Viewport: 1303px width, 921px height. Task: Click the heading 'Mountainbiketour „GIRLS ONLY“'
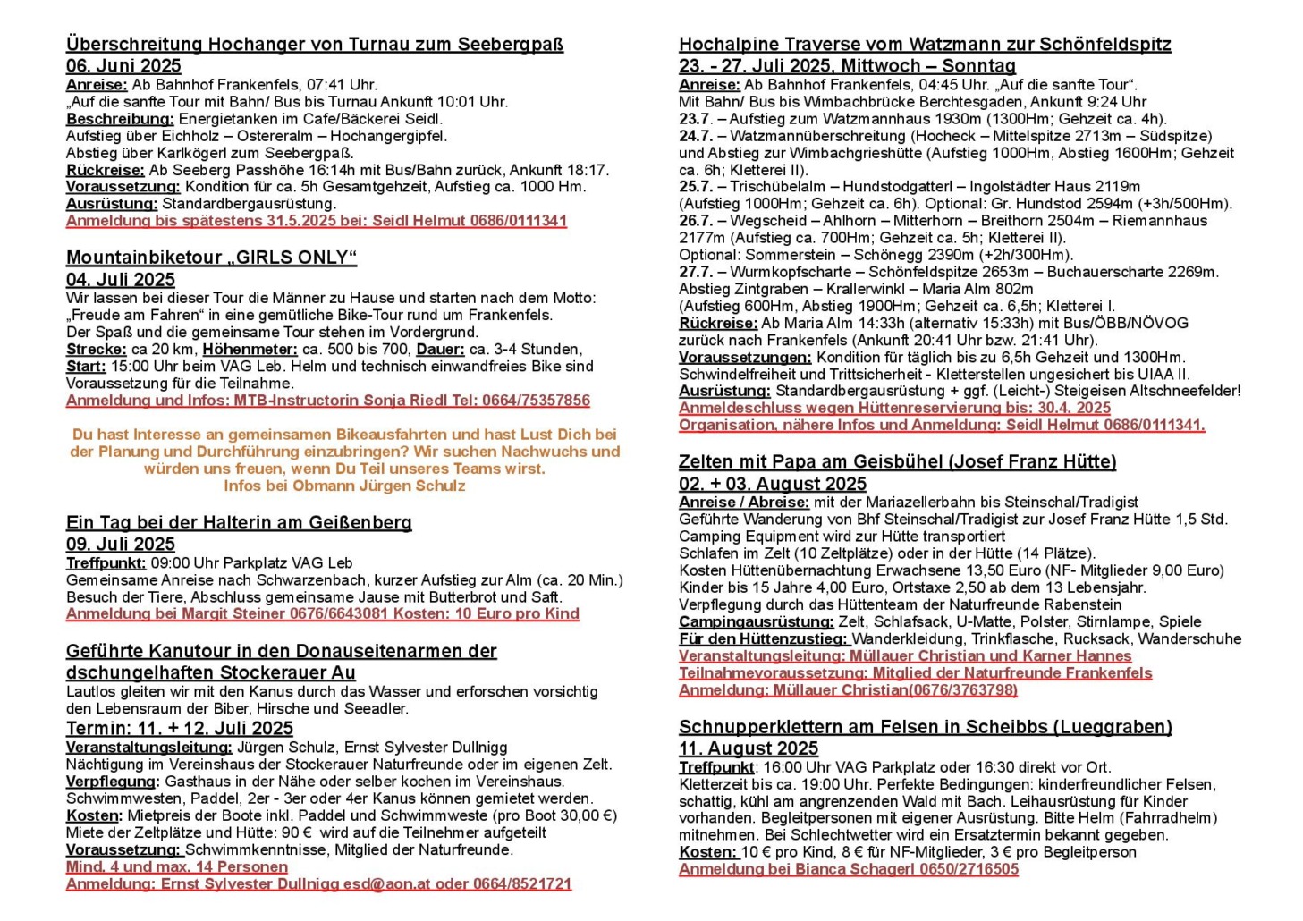click(x=211, y=258)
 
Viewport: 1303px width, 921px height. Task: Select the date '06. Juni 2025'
click(x=123, y=66)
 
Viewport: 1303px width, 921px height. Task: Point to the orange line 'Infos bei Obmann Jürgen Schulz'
click(x=344, y=486)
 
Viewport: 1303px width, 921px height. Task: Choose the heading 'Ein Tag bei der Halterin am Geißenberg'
click(x=239, y=523)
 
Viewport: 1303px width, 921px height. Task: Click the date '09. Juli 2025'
click(x=121, y=545)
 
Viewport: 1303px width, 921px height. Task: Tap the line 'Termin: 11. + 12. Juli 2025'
click(x=180, y=729)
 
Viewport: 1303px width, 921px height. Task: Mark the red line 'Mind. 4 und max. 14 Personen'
click(x=177, y=867)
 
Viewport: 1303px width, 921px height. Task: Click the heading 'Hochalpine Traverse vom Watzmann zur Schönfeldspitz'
click(x=925, y=45)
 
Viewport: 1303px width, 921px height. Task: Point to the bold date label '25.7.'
click(x=696, y=187)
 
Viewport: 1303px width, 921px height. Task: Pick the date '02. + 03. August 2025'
click(x=773, y=485)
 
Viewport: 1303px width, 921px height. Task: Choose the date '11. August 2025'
click(x=749, y=748)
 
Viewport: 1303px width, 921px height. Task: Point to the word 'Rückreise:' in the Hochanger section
click(x=106, y=170)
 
